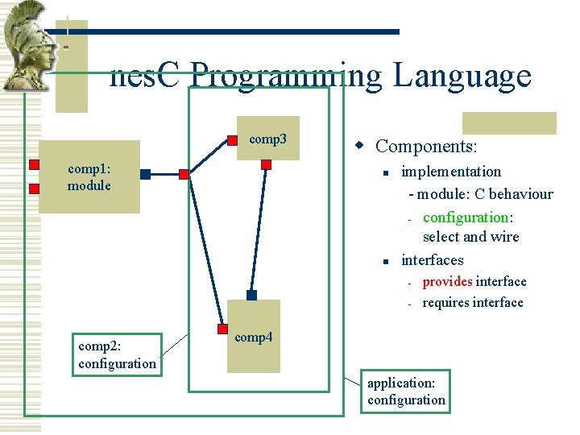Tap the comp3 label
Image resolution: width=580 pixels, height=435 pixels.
click(267, 139)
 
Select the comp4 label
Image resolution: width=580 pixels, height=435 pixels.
click(253, 337)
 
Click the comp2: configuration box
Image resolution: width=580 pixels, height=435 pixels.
click(117, 354)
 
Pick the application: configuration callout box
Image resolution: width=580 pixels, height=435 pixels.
click(406, 391)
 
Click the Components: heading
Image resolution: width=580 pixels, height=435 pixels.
click(426, 146)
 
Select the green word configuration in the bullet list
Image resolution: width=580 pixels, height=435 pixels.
click(465, 217)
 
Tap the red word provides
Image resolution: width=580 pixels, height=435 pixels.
click(447, 281)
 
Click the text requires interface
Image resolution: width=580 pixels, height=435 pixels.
click(473, 302)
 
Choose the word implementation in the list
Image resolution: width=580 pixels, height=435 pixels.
click(450, 171)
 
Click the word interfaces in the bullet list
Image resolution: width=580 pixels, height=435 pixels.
click(432, 259)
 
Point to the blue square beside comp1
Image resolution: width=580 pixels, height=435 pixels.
click(145, 174)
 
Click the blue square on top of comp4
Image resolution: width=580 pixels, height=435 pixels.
click(251, 296)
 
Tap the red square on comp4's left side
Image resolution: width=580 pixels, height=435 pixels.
click(222, 328)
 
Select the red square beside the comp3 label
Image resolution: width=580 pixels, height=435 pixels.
click(232, 140)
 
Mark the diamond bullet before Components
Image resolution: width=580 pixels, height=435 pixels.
click(361, 146)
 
